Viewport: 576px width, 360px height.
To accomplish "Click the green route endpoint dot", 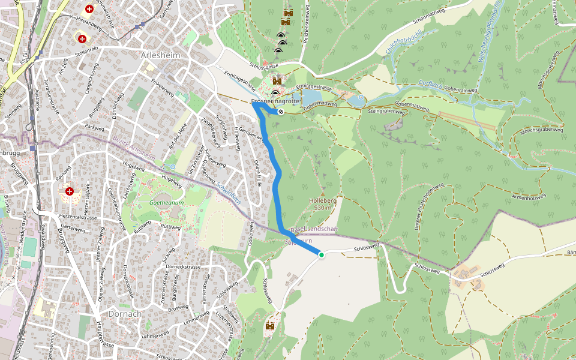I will [321, 255].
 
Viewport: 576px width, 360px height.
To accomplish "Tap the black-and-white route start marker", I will [281, 111].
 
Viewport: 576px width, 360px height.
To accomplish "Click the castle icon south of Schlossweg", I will [270, 326].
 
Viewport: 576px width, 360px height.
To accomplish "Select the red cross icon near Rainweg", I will [70, 191].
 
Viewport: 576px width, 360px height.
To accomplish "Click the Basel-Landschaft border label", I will [314, 230].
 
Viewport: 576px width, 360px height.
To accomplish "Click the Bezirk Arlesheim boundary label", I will [133, 149].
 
